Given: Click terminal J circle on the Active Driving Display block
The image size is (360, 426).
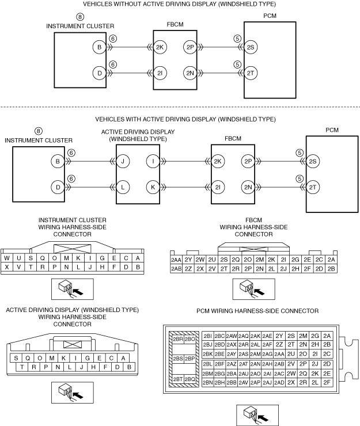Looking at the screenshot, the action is (x=123, y=161).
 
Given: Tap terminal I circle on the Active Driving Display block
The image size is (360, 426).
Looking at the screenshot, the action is (x=153, y=161).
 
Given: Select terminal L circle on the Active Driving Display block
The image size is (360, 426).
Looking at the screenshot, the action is (x=123, y=187).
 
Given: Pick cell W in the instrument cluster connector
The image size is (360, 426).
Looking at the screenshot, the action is (x=7, y=258).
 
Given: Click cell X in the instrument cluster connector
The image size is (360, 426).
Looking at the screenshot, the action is (x=7, y=267).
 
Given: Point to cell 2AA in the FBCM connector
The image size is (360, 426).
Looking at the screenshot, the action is (x=176, y=260).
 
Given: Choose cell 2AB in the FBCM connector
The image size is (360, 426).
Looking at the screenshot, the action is (x=176, y=269).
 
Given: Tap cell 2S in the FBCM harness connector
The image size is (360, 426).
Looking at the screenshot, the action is (x=224, y=260).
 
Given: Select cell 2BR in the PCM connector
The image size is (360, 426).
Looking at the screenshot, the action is (x=178, y=339).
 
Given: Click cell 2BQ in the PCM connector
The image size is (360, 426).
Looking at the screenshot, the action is (x=190, y=379).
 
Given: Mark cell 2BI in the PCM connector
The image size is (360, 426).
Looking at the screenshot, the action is (x=207, y=336).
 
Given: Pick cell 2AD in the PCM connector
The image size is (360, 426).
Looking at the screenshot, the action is (x=279, y=382).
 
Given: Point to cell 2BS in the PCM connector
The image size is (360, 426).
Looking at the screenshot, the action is (x=178, y=359).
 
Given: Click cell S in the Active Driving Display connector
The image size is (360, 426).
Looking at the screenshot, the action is (x=16, y=358).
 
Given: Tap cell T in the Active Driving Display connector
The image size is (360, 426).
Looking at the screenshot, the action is (x=22, y=367).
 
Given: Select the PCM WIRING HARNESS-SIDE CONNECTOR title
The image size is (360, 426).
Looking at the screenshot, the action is (x=257, y=311).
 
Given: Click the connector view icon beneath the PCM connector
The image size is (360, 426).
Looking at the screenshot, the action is (x=257, y=415).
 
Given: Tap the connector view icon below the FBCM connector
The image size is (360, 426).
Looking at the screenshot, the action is (x=253, y=289).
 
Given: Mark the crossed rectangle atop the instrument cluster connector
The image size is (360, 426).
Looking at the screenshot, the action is (x=73, y=249).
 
